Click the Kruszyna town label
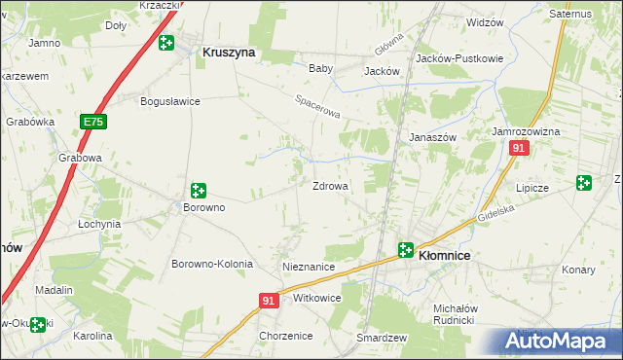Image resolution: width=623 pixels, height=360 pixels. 228,54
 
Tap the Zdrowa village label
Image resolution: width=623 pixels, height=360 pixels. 330,186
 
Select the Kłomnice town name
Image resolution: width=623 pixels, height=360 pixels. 444,255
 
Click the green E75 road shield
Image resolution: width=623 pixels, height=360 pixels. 93,122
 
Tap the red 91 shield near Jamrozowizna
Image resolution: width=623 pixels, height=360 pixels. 519,148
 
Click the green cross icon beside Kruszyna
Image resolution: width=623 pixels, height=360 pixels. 166,43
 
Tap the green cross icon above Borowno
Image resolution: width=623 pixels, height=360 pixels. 199,191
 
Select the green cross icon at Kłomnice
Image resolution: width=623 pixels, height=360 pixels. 405,250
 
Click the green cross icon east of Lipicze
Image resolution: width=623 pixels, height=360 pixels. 583,182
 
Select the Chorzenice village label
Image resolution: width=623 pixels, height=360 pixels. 285,336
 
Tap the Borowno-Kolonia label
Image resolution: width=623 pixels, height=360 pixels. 212,264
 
